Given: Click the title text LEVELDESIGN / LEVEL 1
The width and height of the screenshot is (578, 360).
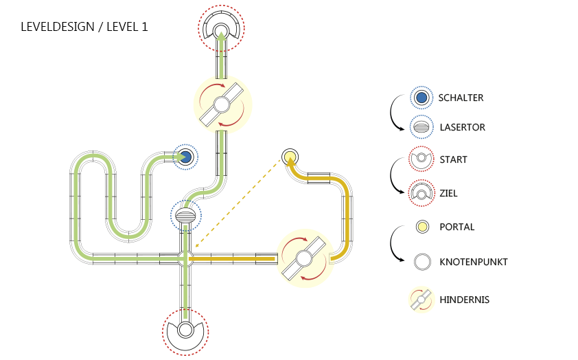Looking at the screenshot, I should coord(84,27).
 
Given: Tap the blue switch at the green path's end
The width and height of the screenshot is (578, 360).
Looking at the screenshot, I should coord(185,157).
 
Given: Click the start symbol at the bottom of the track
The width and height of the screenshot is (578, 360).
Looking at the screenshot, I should coord(185,330).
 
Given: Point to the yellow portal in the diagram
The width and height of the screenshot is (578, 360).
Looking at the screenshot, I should coord(289,156).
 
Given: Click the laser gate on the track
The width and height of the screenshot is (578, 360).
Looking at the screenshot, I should coord(186,216).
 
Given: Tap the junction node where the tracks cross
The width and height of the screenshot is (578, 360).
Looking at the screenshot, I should coord(185,258).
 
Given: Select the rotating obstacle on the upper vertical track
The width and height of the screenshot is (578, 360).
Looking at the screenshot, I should coord(222,105).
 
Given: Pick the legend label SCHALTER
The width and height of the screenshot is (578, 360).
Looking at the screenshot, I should coord(461,98).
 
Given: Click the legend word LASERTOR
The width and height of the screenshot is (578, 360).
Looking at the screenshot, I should coord(461,127).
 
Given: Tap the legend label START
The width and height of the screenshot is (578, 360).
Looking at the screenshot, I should coord(453,159).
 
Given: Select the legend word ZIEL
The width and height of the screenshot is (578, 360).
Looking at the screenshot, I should coord(448,193).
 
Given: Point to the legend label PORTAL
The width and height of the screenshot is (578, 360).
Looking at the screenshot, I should coord(456,227).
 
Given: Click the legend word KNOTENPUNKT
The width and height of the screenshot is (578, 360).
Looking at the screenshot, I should coord(473,262).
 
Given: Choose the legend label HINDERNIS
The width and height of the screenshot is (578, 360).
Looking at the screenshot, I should coord(464,299).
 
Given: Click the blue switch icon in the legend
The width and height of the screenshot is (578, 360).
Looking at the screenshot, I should coord(421,98).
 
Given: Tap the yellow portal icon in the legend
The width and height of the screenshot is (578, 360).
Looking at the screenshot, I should coord(421,227).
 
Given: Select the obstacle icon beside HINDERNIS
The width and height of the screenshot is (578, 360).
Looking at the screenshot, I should coord(421,299).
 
